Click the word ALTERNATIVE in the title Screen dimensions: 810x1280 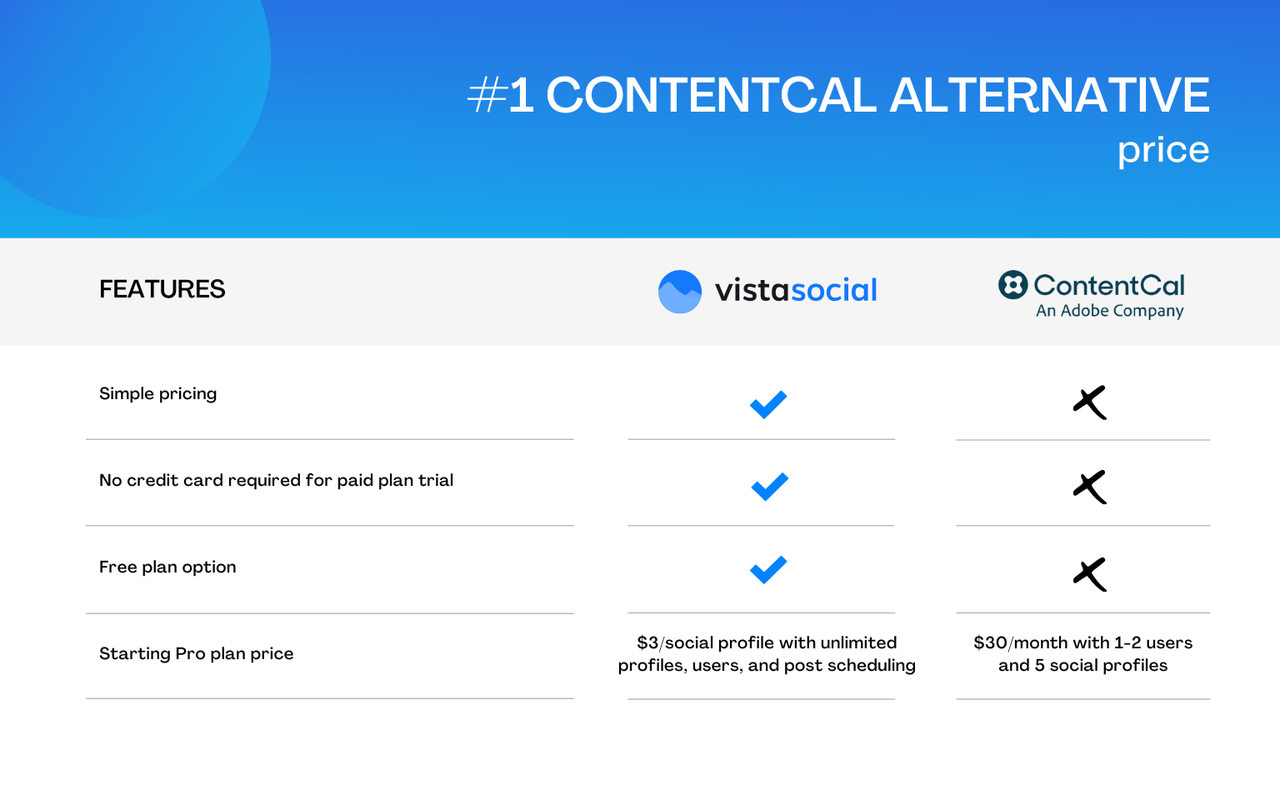1049,95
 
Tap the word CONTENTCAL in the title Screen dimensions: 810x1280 711,95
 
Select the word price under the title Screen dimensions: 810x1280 1162,151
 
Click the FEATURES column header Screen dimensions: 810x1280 162,289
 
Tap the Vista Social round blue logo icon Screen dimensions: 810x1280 680,292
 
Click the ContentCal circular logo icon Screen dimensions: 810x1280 1012,285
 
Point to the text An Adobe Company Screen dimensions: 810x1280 1109,311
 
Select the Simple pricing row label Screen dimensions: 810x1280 157,393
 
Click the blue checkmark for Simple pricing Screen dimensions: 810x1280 768,404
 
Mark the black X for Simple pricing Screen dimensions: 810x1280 1090,402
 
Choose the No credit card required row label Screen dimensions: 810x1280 276,480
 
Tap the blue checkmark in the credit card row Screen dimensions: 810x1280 769,487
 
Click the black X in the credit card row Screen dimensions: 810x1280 1090,487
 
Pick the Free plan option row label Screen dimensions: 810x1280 167,567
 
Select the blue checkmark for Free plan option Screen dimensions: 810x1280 768,570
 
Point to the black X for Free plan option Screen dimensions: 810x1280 1090,574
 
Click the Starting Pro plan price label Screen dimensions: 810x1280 196,653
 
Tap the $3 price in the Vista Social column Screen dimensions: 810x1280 647,642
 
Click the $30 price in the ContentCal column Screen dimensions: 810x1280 990,642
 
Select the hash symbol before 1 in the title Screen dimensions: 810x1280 487,95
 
